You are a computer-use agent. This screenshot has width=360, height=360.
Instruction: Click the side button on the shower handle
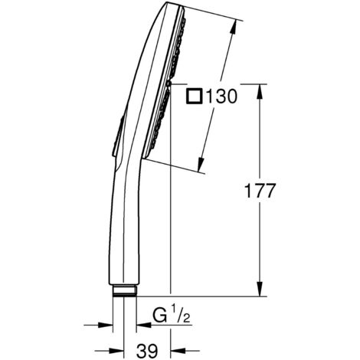pyautogui.click(x=116, y=142)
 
